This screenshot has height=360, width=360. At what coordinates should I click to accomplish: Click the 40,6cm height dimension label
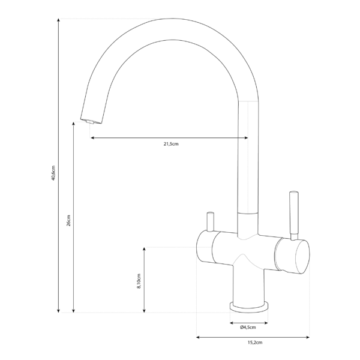pyautogui.click(x=53, y=173)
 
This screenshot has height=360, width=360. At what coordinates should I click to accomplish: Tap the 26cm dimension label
pyautogui.click(x=68, y=221)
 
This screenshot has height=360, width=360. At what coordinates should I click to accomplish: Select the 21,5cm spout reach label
pyautogui.click(x=171, y=145)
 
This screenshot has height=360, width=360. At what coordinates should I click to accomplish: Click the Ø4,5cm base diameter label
pyautogui.click(x=247, y=327)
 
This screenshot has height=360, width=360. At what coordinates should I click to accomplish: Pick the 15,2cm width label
pyautogui.click(x=253, y=343)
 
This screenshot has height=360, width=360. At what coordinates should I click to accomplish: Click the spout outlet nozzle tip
pyautogui.click(x=91, y=121)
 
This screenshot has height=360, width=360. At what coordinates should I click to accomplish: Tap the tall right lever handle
pyautogui.click(x=293, y=214)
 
